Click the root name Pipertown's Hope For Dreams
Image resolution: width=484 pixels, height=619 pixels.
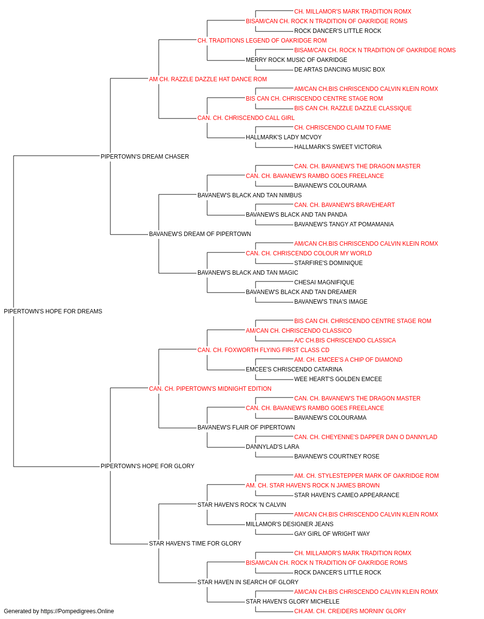pos(53,311)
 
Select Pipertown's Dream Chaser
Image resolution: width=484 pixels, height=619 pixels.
pos(145,157)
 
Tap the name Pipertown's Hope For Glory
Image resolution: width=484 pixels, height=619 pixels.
pos(147,466)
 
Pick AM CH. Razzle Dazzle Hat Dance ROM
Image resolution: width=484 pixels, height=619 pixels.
pos(208,79)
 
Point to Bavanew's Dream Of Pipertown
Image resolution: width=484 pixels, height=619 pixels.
pos(200,234)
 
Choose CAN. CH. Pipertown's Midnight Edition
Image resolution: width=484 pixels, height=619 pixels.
pos(210,389)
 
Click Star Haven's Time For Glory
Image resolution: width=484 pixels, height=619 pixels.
pos(195,544)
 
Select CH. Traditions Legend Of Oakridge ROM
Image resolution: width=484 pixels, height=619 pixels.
pos(262,41)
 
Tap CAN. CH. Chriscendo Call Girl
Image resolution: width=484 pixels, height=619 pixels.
pos(246,118)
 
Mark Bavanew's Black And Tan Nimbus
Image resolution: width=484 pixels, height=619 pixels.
pos(249,195)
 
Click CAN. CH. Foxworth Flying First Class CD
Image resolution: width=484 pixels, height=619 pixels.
pos(263,350)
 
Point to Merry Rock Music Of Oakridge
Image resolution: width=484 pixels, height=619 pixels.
pos(296,60)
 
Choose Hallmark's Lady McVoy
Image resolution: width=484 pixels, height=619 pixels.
pos(284,137)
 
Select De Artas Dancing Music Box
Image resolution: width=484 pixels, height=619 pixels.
pos(339,70)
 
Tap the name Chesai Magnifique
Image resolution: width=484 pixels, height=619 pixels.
pos(324,282)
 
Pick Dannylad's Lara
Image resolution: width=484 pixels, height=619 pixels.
pos(272,447)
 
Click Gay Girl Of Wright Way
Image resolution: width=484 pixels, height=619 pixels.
pos(332,534)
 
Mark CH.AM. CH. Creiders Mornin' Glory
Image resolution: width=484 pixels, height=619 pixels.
pos(350,611)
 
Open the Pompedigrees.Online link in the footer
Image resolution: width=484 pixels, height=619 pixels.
pos(77,611)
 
